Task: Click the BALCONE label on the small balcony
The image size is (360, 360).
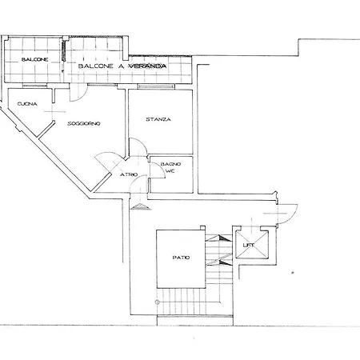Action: point(34,59)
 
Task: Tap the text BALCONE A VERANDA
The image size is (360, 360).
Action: point(122,66)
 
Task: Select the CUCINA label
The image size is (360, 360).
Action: point(27,104)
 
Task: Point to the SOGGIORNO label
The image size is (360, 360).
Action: point(84,123)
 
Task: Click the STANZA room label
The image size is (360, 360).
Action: point(158,119)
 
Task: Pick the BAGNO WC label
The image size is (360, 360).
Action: point(170,167)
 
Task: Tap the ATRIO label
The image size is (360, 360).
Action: point(129,174)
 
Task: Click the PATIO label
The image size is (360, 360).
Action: point(181,258)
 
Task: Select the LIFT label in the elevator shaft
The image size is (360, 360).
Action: point(249,245)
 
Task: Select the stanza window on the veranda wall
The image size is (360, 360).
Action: point(156,86)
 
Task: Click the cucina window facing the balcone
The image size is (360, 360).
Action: point(34,86)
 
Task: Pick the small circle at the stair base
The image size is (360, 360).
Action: point(157,302)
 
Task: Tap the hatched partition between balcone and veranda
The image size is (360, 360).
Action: point(64,50)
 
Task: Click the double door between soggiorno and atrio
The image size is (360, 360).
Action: point(110,162)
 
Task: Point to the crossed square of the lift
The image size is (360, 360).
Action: point(252,246)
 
